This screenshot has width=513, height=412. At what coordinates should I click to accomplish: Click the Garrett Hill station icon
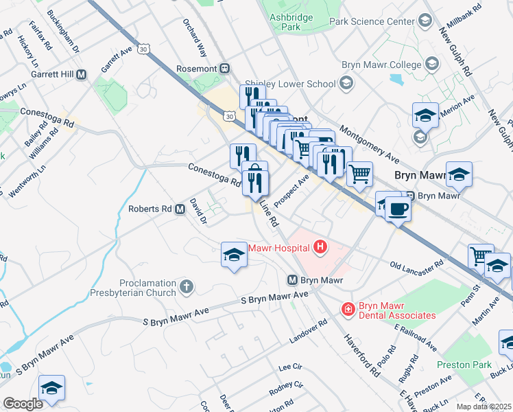[82, 74]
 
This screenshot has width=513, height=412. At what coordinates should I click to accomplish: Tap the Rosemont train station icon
[224, 69]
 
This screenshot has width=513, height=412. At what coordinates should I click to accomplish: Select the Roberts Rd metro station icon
[180, 209]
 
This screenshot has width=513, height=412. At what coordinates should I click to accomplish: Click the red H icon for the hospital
[320, 247]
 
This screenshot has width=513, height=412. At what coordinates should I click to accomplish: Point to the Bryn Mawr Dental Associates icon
[348, 310]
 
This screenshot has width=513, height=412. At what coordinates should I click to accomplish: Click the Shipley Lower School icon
[346, 84]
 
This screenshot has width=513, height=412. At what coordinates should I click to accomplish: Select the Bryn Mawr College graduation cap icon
[432, 65]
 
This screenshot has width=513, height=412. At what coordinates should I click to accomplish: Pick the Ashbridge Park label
[291, 21]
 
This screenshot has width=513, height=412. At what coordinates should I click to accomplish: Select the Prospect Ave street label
[291, 190]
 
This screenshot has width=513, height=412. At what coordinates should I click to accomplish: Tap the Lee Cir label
[291, 367]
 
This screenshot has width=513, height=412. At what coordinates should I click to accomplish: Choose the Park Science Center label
[372, 21]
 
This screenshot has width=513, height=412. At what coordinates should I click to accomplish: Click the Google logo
[23, 404]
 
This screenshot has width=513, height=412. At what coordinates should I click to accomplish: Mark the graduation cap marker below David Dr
[234, 255]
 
